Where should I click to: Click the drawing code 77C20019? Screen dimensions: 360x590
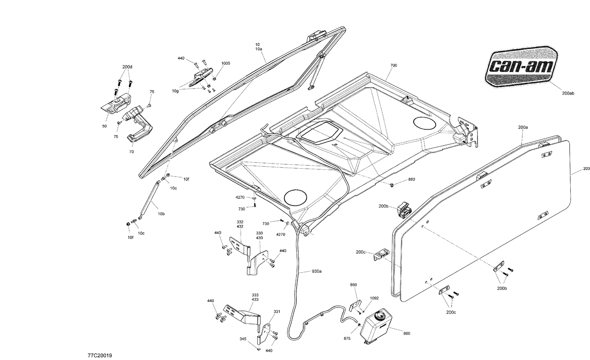point(100,356)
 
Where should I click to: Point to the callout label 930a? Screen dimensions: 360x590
point(317,271)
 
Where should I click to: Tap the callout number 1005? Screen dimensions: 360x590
point(226,63)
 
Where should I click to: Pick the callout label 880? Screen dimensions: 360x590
point(411,179)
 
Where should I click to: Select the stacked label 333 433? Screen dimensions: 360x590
point(255,297)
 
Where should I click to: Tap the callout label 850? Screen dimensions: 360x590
point(353,285)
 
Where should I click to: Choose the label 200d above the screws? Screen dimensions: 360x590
point(127,67)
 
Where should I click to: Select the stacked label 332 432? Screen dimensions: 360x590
point(240,224)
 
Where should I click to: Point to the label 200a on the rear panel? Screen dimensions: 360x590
point(523,127)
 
